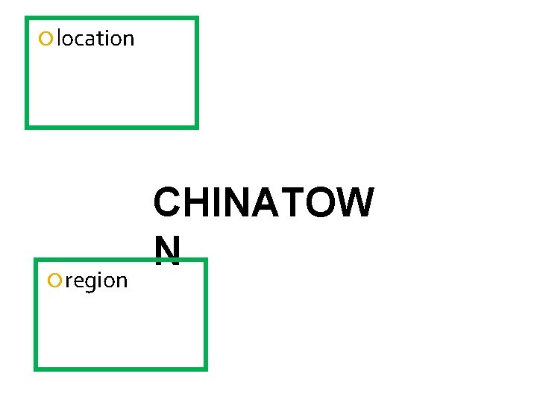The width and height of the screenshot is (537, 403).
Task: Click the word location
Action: pyautogui.click(x=95, y=39)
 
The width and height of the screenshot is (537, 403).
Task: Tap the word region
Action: pyautogui.click(x=96, y=281)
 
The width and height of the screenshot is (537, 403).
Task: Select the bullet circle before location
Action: pyautogui.click(x=47, y=39)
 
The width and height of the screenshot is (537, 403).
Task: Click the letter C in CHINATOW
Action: pyautogui.click(x=168, y=203)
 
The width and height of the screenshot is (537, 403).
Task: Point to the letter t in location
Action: pyautogui.click(x=101, y=39)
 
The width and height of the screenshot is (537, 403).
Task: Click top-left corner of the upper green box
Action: pyautogui.click(x=27, y=19)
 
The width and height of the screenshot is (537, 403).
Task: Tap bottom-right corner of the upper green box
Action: pyautogui.click(x=196, y=126)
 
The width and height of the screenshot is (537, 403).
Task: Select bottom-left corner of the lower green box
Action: pyautogui.click(x=36, y=368)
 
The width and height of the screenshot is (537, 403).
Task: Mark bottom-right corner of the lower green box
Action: pyautogui.click(x=204, y=368)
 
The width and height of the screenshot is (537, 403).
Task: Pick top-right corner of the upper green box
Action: pyautogui.click(x=196, y=19)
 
